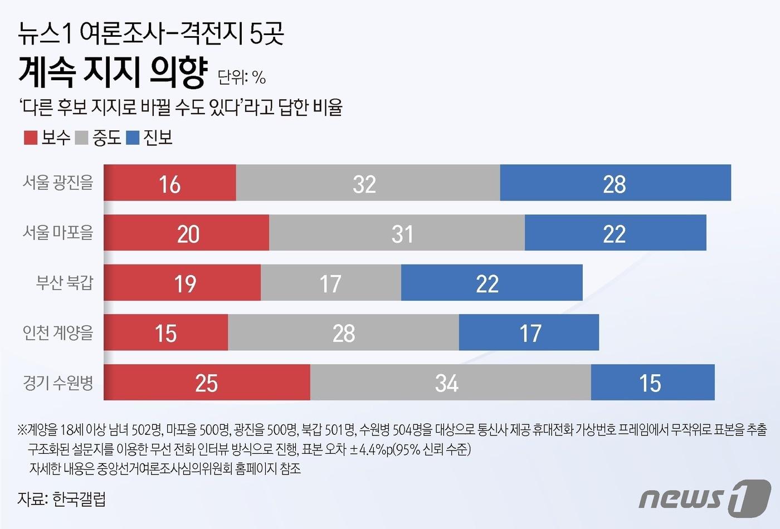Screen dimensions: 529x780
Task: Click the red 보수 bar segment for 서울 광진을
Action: (x=170, y=183)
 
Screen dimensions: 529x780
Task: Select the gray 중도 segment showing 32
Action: (x=368, y=183)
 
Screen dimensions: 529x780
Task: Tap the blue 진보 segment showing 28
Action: (x=615, y=183)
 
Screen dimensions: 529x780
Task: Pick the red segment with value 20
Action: (x=187, y=233)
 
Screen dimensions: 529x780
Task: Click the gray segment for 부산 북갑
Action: (x=331, y=283)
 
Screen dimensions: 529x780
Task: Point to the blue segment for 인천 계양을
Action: (x=529, y=332)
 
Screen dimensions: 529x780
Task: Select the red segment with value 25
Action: (x=207, y=383)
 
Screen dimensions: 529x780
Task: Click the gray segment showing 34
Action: (x=450, y=383)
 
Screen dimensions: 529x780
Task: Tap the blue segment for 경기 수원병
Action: (x=652, y=383)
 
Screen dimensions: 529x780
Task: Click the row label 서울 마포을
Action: (x=58, y=233)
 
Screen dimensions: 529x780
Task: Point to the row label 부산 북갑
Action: (x=65, y=283)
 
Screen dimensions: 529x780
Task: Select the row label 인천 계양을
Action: (x=58, y=332)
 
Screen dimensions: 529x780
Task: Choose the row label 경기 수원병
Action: (x=58, y=383)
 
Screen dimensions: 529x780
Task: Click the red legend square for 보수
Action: (x=31, y=138)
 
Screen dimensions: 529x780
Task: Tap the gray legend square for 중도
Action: (x=81, y=138)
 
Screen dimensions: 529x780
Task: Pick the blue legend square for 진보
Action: (x=133, y=138)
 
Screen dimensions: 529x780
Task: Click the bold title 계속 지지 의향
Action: (x=113, y=72)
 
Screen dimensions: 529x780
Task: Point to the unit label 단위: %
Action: (x=241, y=77)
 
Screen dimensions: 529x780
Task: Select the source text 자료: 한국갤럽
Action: (x=61, y=498)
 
